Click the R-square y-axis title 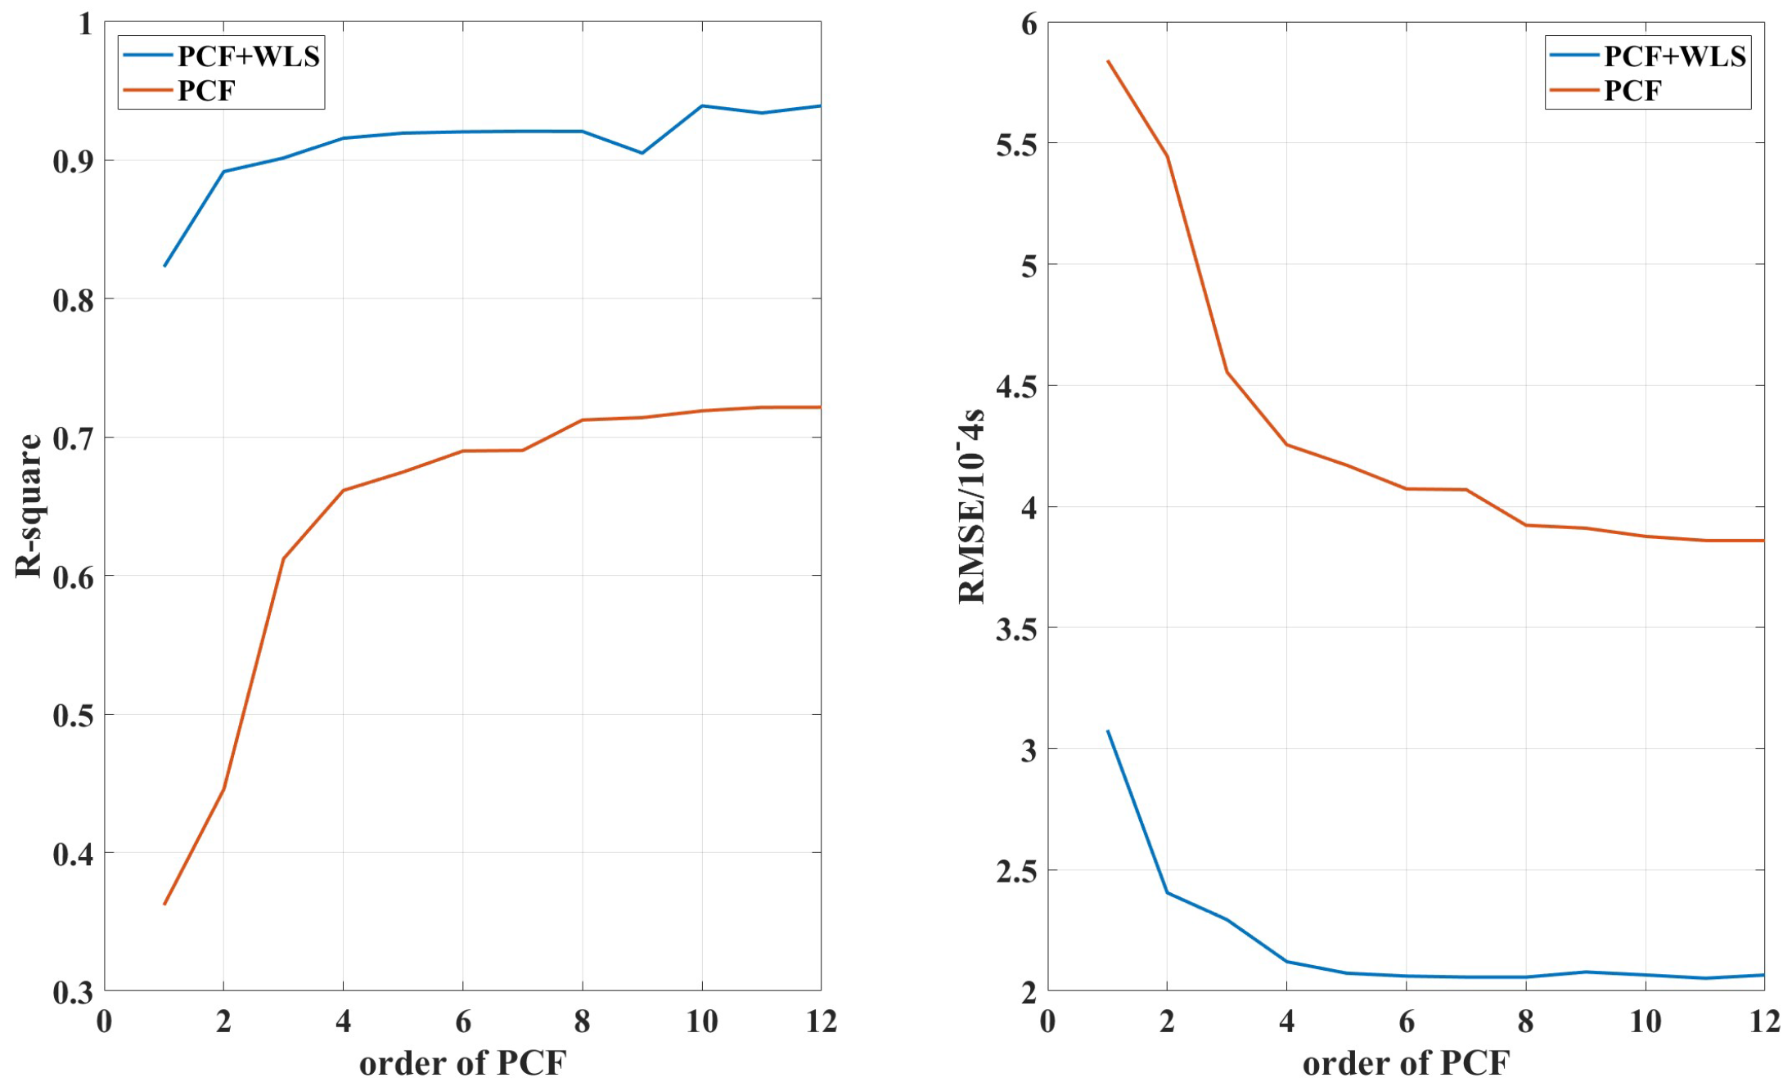pyautogui.click(x=28, y=505)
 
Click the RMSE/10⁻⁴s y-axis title pyautogui.click(x=972, y=505)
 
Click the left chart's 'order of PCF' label pyautogui.click(x=462, y=1062)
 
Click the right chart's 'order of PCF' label pyautogui.click(x=1405, y=1062)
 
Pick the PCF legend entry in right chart pyautogui.click(x=1632, y=90)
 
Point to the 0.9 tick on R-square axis pyautogui.click(x=72, y=161)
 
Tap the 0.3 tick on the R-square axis pyautogui.click(x=72, y=992)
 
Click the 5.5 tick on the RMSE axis pyautogui.click(x=1015, y=145)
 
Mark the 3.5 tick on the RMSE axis pyautogui.click(x=1015, y=629)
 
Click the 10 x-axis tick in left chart pyautogui.click(x=701, y=1021)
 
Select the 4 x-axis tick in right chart pyautogui.click(x=1286, y=1021)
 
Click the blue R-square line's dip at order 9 pyautogui.click(x=642, y=153)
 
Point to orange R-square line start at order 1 pyautogui.click(x=164, y=904)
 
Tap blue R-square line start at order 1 pyautogui.click(x=164, y=266)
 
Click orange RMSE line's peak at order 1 pyautogui.click(x=1108, y=61)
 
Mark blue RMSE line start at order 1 pyautogui.click(x=1108, y=730)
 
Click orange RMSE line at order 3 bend pyautogui.click(x=1227, y=372)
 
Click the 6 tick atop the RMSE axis pyautogui.click(x=1029, y=25)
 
